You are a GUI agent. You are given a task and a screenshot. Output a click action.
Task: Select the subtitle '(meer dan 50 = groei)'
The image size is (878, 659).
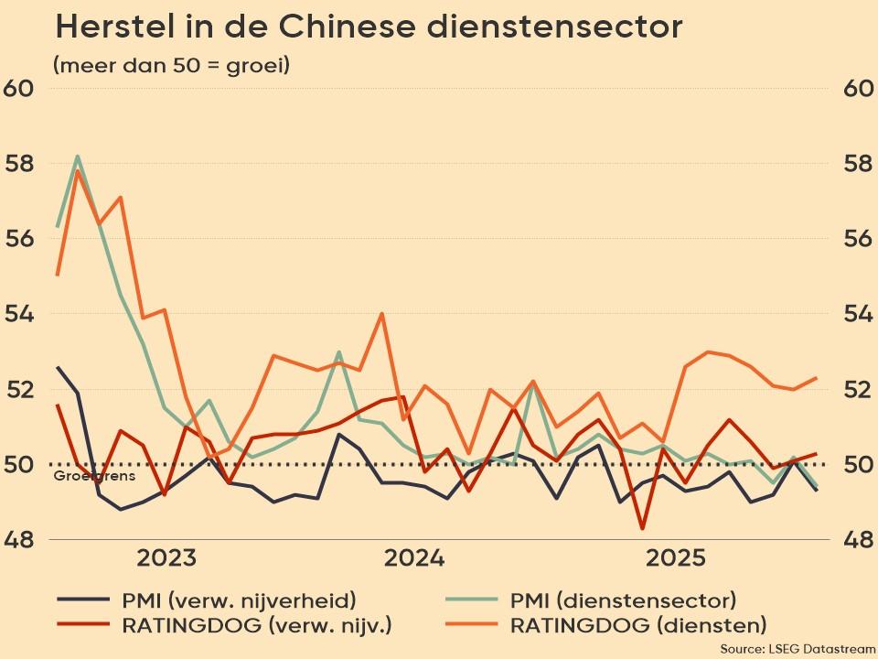click(171, 66)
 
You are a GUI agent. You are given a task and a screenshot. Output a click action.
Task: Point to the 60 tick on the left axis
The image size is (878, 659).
click(20, 89)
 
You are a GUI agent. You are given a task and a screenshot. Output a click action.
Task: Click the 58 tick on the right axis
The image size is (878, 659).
click(858, 164)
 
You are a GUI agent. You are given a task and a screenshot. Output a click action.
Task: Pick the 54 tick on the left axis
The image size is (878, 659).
click(20, 314)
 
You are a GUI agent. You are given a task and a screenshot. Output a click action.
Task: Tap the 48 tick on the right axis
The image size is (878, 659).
click(858, 540)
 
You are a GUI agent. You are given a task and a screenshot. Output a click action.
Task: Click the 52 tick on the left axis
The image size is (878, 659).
click(20, 389)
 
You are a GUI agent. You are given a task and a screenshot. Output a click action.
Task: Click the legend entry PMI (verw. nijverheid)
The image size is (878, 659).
click(238, 600)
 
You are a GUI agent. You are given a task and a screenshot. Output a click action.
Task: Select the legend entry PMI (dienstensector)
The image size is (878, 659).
click(622, 600)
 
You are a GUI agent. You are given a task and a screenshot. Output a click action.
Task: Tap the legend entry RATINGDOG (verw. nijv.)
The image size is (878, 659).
click(256, 626)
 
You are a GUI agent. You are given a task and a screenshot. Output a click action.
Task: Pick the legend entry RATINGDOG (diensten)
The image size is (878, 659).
click(637, 626)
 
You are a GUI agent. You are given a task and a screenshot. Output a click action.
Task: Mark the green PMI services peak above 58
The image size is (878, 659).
click(78, 156)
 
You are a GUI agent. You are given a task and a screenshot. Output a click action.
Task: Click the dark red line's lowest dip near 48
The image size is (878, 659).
click(643, 528)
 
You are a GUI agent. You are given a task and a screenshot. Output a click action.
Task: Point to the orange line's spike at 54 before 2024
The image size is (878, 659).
click(381, 314)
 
